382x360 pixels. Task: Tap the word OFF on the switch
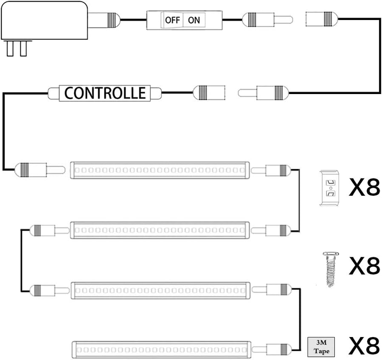pyautogui.click(x=172, y=20)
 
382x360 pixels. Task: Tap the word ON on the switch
pyautogui.click(x=194, y=20)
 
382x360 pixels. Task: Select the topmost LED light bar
pyautogui.click(x=160, y=169)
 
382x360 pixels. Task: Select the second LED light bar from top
pyautogui.click(x=160, y=230)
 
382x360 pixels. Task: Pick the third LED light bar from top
pyautogui.click(x=160, y=289)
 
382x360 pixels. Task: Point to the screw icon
pyautogui.click(x=329, y=269)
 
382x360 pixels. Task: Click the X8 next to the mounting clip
pyautogui.click(x=364, y=188)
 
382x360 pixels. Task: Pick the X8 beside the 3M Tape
pyautogui.click(x=364, y=345)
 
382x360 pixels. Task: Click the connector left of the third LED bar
pyautogui.click(x=45, y=289)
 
